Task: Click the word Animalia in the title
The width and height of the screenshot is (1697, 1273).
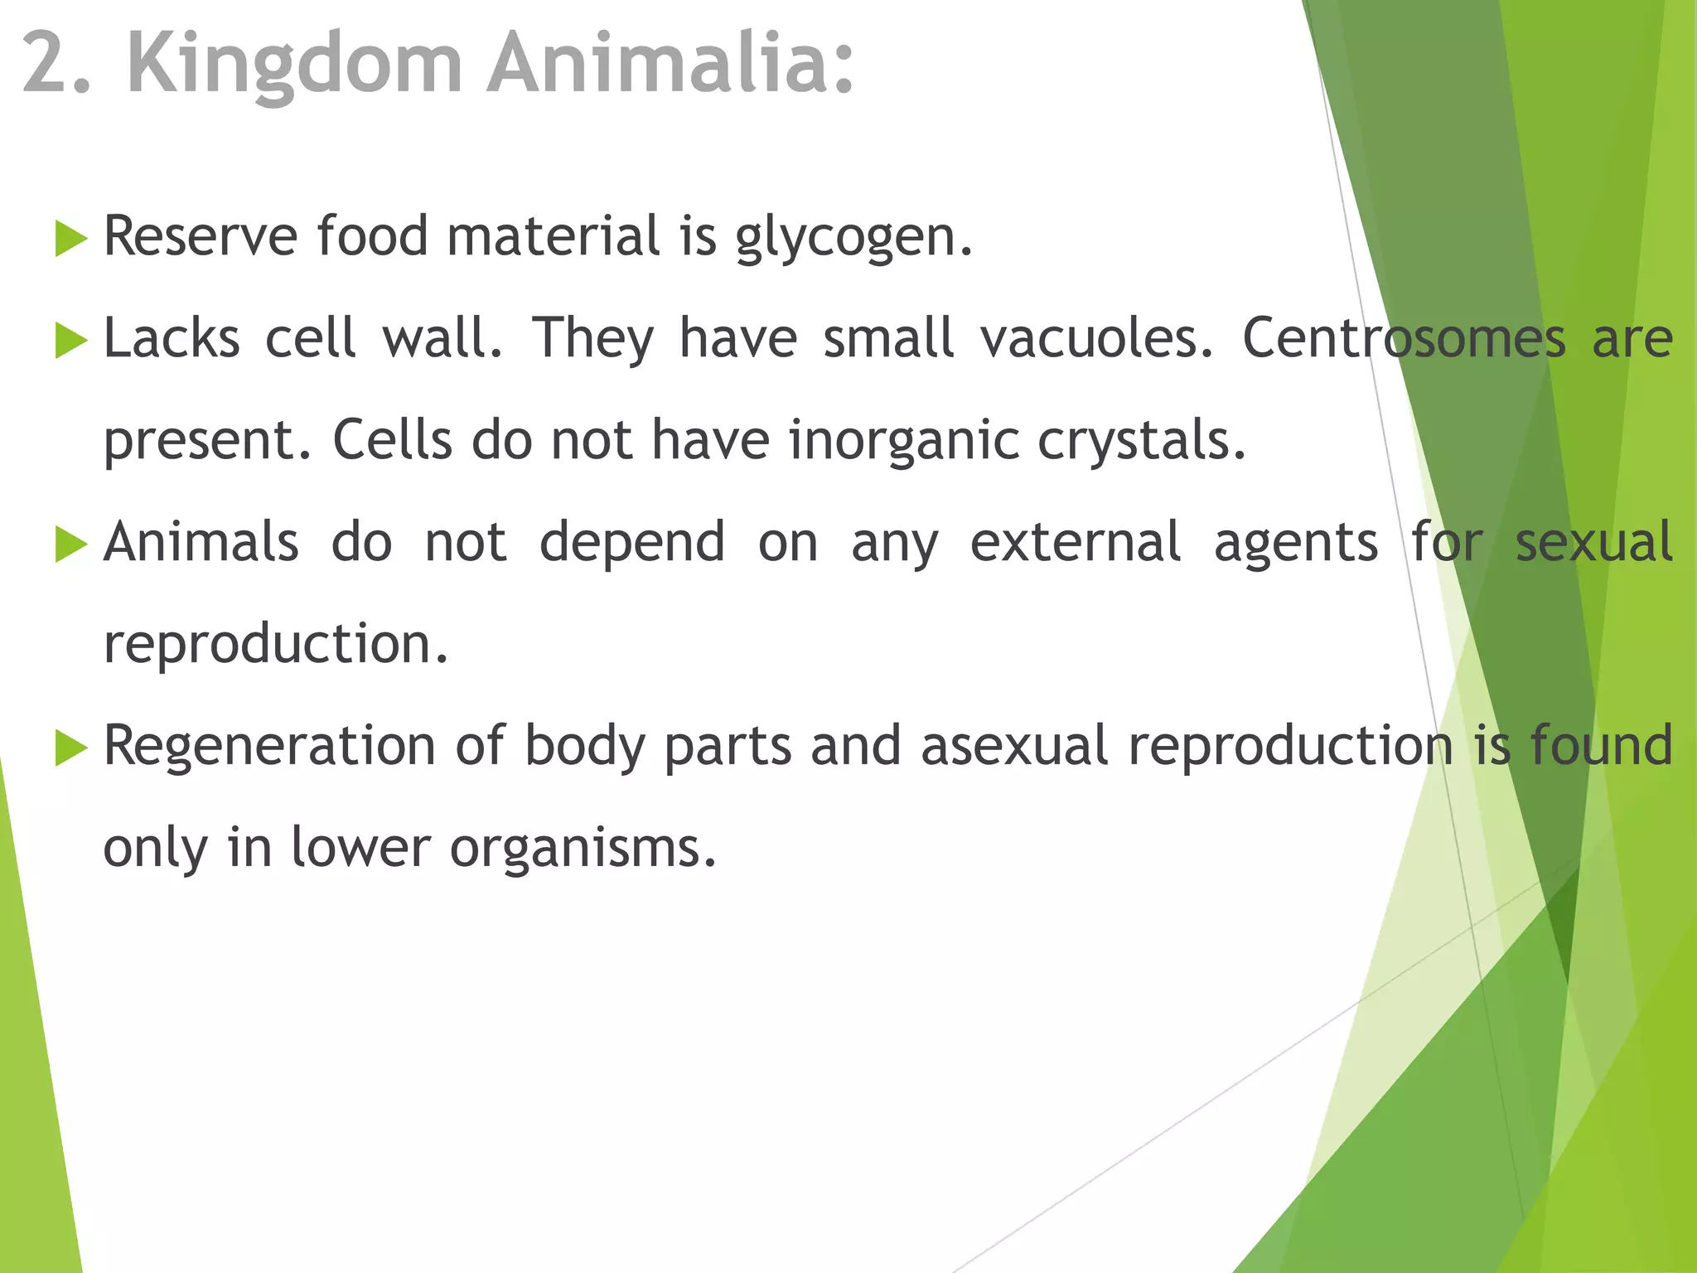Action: pos(670,63)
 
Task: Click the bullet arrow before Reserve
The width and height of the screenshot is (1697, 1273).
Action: pos(71,240)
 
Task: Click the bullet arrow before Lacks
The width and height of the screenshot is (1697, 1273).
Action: pos(71,341)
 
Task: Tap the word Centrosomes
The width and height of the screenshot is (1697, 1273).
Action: pos(1404,338)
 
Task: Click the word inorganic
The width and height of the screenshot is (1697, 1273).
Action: pos(903,440)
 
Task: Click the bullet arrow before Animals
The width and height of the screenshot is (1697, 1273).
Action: pos(71,545)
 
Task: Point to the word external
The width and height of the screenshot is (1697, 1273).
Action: pos(1075,542)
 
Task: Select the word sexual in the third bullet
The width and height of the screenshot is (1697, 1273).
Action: pos(1593,542)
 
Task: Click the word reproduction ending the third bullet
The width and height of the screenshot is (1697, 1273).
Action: pos(275,645)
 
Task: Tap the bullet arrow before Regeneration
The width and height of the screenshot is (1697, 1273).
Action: pos(71,749)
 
